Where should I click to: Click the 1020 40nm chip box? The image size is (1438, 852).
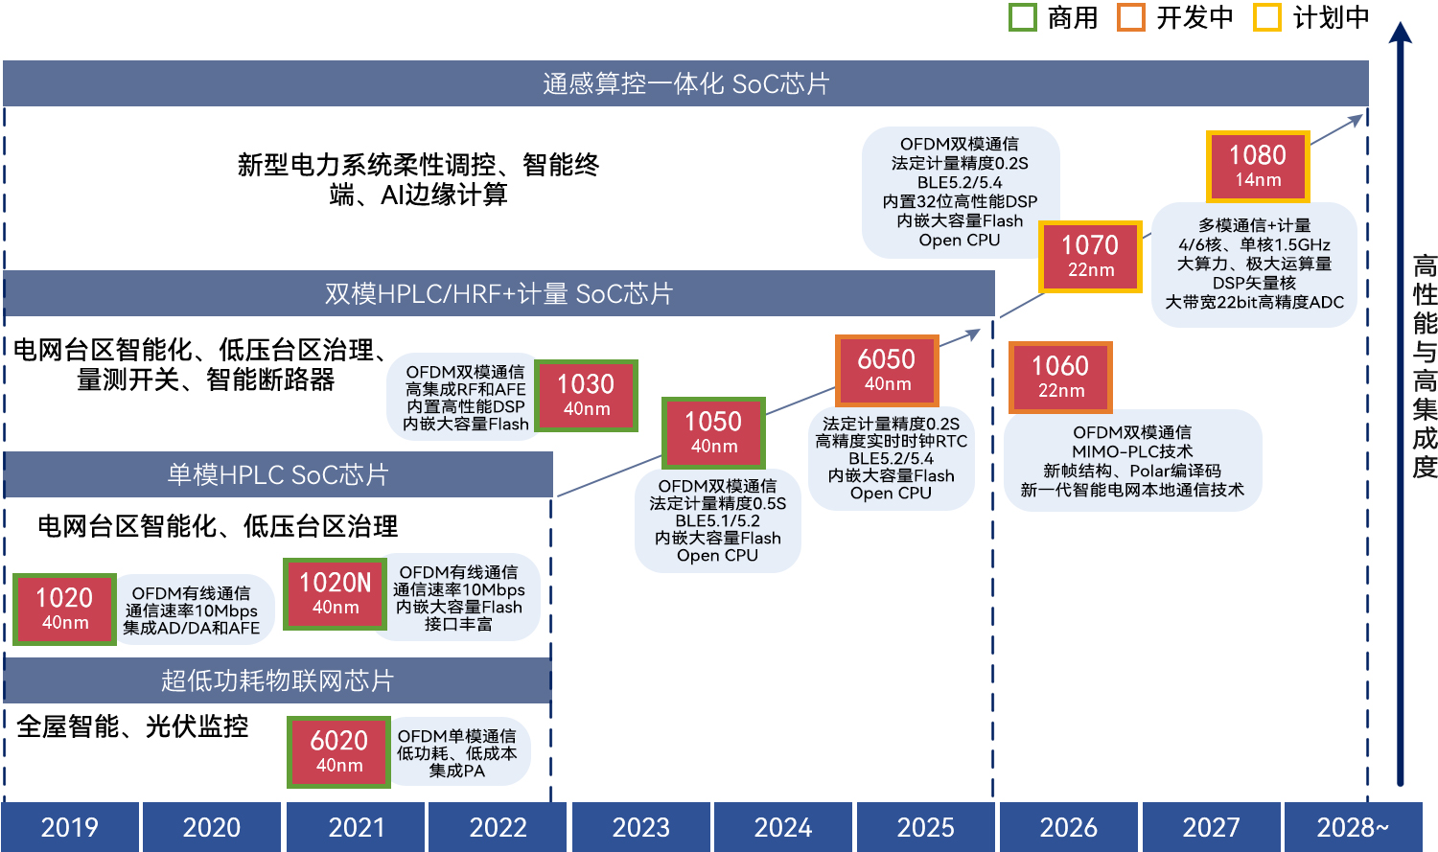pos(64,609)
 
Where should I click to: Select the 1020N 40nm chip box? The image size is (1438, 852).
pos(336,593)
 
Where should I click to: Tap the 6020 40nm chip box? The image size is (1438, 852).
pos(339,751)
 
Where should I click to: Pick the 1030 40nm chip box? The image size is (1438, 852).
pos(586,395)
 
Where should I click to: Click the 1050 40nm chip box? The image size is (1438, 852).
pos(714,432)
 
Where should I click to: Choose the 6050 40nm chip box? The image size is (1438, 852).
pos(887,370)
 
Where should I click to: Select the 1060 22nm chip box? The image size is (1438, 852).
pos(1060,377)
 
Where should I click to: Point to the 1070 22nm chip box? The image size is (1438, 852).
pos(1091,257)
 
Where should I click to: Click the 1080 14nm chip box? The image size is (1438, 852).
pos(1258,166)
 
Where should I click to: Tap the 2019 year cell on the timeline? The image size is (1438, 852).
pos(70,827)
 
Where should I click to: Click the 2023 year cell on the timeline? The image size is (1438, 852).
pos(640,827)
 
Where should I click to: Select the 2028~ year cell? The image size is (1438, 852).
pos(1353,827)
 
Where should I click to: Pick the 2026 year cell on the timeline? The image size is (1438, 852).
pos(1068,827)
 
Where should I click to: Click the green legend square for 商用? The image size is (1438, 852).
pos(1023,17)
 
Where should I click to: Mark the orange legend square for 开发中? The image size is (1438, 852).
pos(1131,17)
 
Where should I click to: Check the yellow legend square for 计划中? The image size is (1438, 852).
pos(1267,17)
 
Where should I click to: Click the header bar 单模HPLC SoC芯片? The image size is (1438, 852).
pos(278,474)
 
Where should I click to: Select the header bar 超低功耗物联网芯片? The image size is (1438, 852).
pos(278,680)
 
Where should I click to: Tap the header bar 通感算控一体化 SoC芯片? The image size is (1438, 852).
pos(685,83)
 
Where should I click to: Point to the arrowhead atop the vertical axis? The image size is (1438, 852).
pos(1401,34)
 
